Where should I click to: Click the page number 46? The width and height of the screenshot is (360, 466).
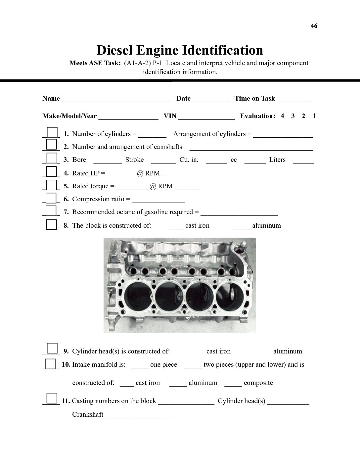pyautogui.click(x=314, y=26)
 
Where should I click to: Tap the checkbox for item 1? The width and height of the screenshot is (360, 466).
pyautogui.click(x=52, y=132)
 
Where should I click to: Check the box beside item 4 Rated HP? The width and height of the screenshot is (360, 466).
pyautogui.click(x=51, y=171)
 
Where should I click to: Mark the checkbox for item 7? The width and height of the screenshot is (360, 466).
pyautogui.click(x=51, y=210)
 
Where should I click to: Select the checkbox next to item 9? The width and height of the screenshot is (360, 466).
pyautogui.click(x=52, y=349)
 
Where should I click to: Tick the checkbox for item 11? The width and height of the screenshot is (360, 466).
pyautogui.click(x=52, y=398)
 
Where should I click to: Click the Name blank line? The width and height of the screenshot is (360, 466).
pyautogui.click(x=116, y=99)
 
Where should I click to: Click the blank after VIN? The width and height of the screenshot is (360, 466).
pyautogui.click(x=206, y=117)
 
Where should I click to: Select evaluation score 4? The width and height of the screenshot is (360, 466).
pyautogui.click(x=282, y=116)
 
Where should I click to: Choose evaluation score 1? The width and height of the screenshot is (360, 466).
pyautogui.click(x=314, y=116)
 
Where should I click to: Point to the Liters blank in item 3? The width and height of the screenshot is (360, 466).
pyautogui.click(x=303, y=161)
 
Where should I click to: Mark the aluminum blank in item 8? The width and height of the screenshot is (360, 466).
pyautogui.click(x=242, y=226)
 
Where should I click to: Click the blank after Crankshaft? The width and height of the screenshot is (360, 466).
pyautogui.click(x=138, y=416)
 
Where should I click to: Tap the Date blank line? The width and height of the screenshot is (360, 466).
pyautogui.click(x=211, y=99)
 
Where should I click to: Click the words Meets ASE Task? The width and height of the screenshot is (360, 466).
pyautogui.click(x=95, y=63)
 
